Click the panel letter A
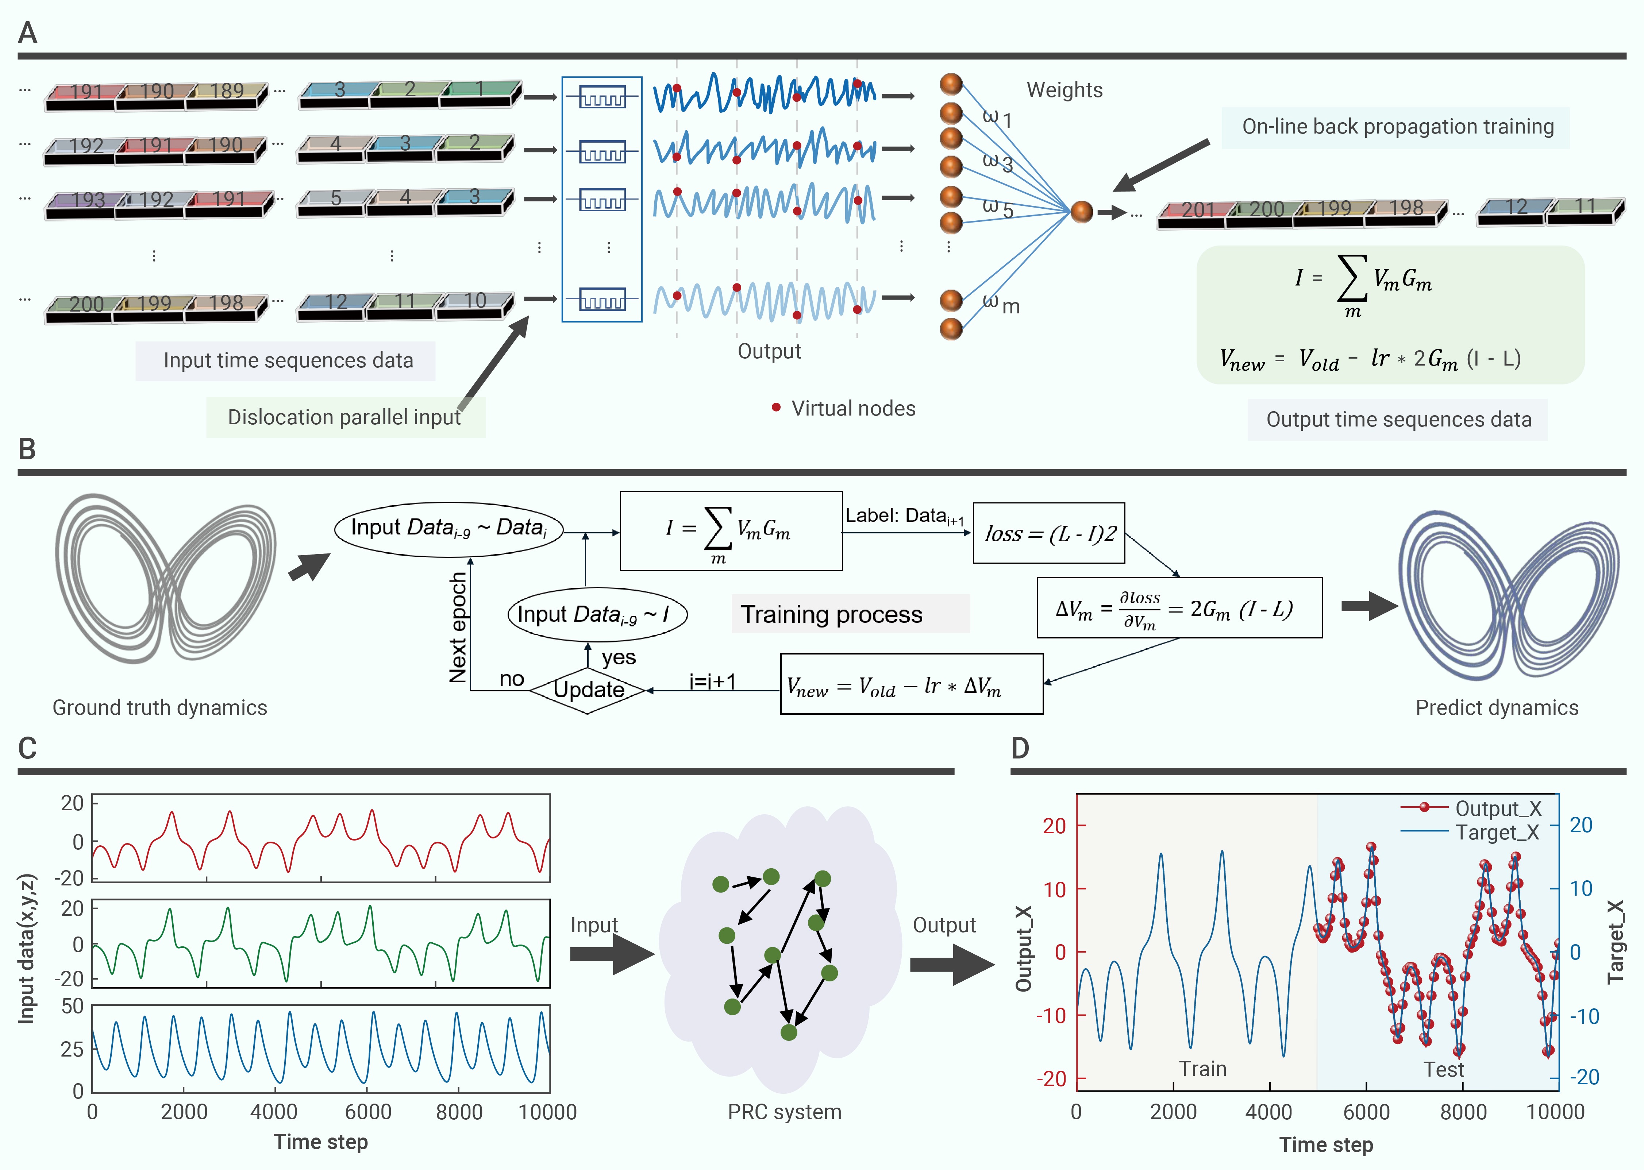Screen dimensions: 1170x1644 tap(27, 32)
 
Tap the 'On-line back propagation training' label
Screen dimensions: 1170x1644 tap(1397, 127)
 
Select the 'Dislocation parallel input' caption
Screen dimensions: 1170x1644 tap(344, 417)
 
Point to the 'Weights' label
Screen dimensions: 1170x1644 tap(1064, 90)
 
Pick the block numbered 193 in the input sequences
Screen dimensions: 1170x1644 tap(86, 200)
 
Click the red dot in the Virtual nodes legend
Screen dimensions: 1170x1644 tap(775, 408)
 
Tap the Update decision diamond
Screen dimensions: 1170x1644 tap(588, 690)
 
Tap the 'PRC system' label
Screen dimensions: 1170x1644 tap(784, 1112)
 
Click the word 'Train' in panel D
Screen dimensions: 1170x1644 tap(1202, 1069)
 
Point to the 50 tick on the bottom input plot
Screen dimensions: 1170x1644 tap(72, 1007)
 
